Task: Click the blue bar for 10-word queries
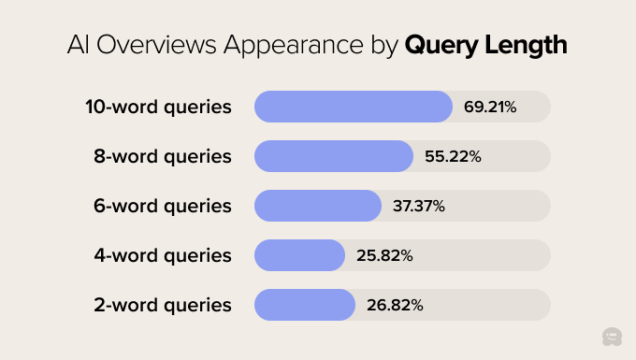(354, 107)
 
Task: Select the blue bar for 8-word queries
(334, 156)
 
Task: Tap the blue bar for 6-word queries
(318, 206)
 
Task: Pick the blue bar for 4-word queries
(300, 255)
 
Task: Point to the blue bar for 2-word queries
(305, 305)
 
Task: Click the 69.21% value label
(490, 107)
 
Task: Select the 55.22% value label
(453, 156)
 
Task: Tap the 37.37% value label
(419, 206)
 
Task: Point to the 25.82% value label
(383, 255)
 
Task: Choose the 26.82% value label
(394, 305)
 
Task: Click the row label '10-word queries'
(158, 107)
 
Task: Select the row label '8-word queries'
(163, 156)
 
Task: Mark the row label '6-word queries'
(163, 206)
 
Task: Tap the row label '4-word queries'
(163, 255)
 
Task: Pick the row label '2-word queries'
(163, 305)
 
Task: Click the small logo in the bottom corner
(613, 338)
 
